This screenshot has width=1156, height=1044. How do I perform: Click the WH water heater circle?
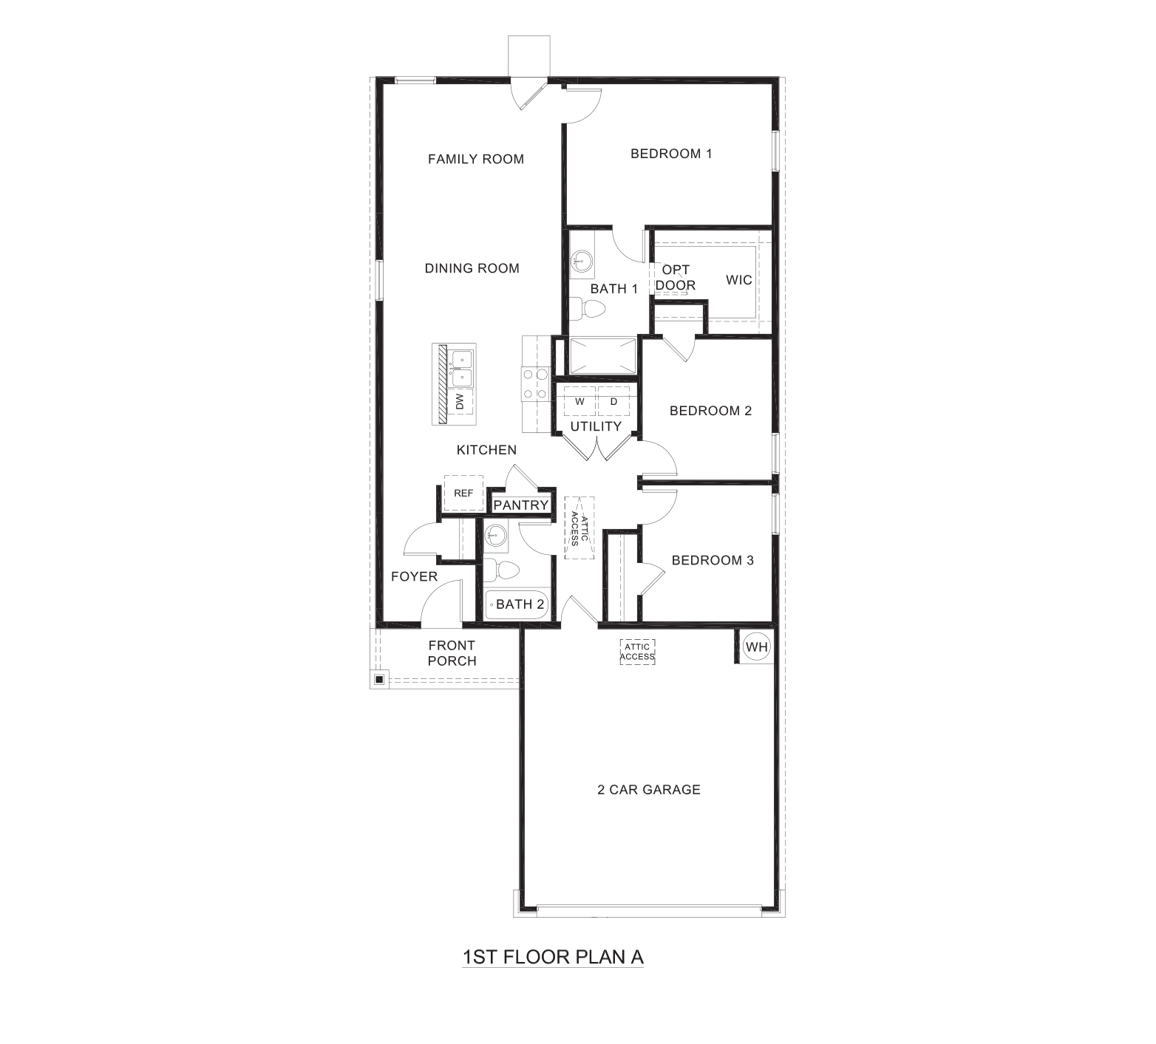click(756, 647)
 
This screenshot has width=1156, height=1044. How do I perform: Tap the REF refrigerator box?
click(463, 493)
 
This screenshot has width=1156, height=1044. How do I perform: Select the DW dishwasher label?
click(460, 402)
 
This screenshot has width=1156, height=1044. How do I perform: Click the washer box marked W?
click(579, 401)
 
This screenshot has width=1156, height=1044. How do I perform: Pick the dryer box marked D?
click(613, 401)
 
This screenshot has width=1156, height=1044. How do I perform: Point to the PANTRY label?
click(521, 505)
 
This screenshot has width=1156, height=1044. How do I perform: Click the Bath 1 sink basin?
click(582, 260)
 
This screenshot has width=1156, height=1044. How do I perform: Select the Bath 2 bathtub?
click(517, 604)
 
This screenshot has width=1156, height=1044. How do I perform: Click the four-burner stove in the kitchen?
click(535, 384)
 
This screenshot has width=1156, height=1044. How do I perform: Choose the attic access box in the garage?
click(637, 652)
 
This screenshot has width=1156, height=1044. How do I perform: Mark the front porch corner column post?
click(378, 679)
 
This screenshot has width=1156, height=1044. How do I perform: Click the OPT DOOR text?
click(676, 278)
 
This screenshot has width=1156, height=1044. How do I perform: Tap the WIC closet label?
click(738, 280)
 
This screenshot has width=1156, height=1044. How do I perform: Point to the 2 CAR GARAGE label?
click(648, 789)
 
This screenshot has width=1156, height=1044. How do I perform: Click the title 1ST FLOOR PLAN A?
click(553, 957)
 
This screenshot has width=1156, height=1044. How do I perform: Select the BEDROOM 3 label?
click(713, 560)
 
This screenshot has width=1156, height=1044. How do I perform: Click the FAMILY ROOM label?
click(476, 159)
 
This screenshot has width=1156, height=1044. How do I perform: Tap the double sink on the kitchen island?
click(462, 369)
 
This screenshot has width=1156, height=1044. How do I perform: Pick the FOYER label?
click(414, 576)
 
